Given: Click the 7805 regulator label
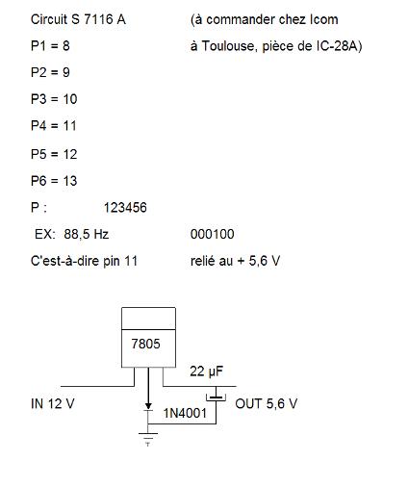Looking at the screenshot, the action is (145, 344).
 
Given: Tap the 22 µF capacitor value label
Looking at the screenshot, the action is (206, 372).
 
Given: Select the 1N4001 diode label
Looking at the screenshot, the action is (185, 413).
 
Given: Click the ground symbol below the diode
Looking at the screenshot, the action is (148, 439).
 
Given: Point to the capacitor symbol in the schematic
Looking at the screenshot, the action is (216, 397).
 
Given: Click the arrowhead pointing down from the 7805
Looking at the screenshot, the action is (148, 406).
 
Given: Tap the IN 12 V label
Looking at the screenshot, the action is (53, 403).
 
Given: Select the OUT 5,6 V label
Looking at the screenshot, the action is (267, 403).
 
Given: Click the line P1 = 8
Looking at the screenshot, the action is (50, 46).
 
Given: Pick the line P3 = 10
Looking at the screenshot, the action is (54, 99).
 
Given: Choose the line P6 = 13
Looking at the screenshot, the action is (54, 181).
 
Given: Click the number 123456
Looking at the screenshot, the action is (125, 208).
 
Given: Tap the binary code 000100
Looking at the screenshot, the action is (212, 234).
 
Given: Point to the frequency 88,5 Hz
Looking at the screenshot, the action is (87, 234).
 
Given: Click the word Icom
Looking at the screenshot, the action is (324, 19).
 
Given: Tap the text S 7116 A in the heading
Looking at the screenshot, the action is (98, 19).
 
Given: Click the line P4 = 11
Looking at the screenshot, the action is (54, 126).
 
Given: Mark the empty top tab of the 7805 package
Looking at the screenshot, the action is (148, 319).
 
